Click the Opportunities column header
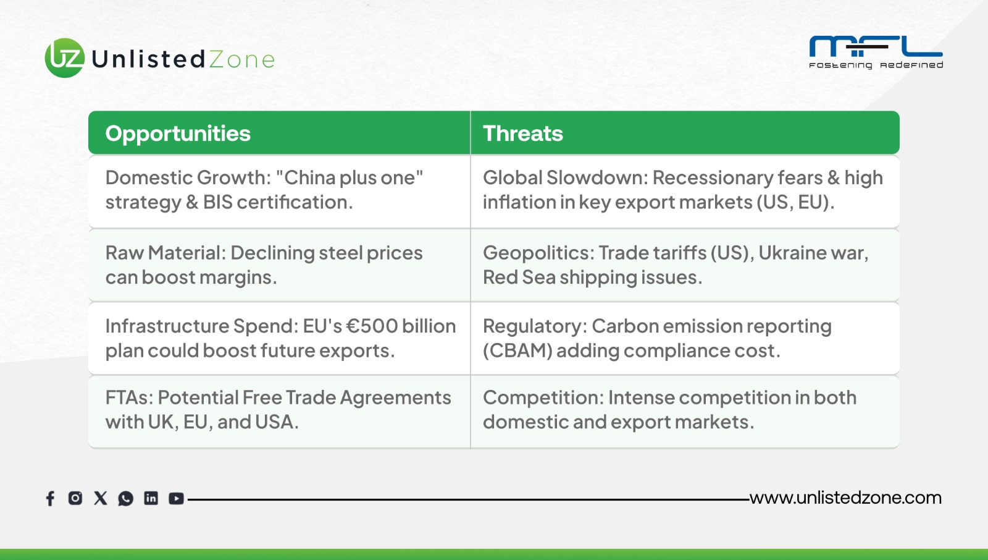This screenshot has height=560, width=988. [178, 134]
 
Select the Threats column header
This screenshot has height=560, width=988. [522, 134]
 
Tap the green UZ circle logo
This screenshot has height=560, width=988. [65, 58]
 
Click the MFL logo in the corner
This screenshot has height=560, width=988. [876, 53]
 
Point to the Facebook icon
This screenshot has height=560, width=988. [50, 498]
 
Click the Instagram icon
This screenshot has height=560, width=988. [75, 498]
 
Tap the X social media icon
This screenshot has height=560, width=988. [101, 498]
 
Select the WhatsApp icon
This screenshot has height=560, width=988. [126, 499]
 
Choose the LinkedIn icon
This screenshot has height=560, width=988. [151, 498]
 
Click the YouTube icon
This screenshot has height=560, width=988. [177, 499]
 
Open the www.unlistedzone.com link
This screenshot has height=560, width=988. [845, 498]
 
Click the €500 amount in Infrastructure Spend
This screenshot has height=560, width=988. [371, 326]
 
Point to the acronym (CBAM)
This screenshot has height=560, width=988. [517, 350]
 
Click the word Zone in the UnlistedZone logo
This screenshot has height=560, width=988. [241, 59]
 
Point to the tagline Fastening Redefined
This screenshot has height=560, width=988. [876, 66]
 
